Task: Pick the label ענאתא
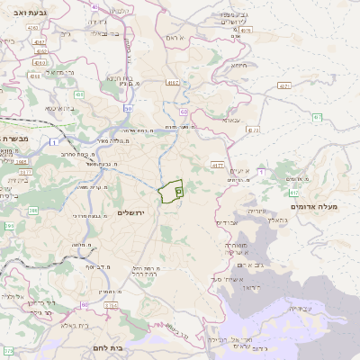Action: coord(231,120)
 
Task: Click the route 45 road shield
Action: coord(94,6)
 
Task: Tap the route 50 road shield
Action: coord(129,108)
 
